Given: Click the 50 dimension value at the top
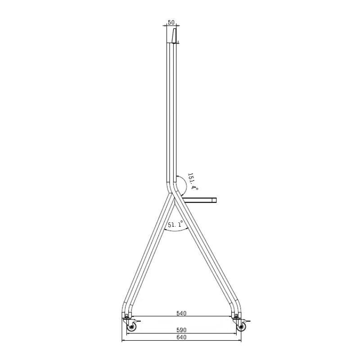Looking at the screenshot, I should pyautogui.click(x=171, y=22).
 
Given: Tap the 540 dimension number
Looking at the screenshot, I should pyautogui.click(x=181, y=313).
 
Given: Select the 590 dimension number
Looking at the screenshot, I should pyautogui.click(x=181, y=330).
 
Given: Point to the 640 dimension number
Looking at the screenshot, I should pyautogui.click(x=181, y=337).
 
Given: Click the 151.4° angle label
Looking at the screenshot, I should pyautogui.click(x=193, y=181).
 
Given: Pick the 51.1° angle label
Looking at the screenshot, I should pyautogui.click(x=175, y=225).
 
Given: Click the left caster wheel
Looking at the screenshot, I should pyautogui.click(x=131, y=328).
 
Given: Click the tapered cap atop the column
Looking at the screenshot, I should pyautogui.click(x=173, y=35).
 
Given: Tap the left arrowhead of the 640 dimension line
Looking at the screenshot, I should pyautogui.click(x=123, y=341).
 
